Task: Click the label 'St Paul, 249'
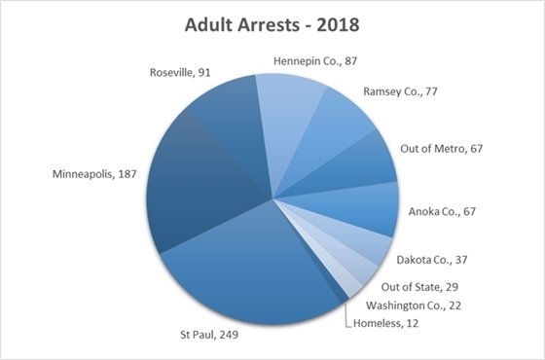206,334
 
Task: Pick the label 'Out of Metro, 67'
442,149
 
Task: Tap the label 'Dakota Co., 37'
436,260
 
